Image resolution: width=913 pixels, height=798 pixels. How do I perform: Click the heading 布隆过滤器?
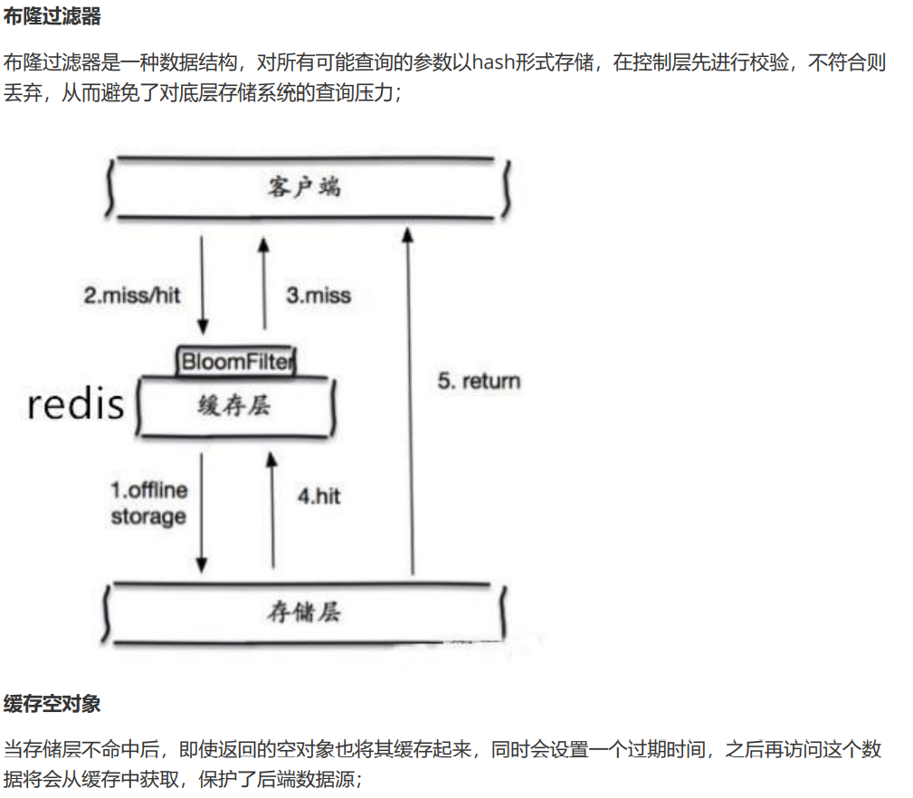(x=52, y=16)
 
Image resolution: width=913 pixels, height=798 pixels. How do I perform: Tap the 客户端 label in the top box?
(x=305, y=187)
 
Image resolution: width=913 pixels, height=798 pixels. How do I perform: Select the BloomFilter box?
(x=237, y=362)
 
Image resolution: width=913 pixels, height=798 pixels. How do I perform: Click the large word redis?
(x=76, y=404)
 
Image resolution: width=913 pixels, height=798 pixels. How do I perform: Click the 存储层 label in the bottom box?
(x=304, y=613)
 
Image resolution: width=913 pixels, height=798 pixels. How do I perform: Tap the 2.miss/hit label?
(x=133, y=295)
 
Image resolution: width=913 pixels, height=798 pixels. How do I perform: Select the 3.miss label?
(x=319, y=295)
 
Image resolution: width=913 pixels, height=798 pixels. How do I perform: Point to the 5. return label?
(x=480, y=381)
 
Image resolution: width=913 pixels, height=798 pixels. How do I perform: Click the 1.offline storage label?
(x=149, y=503)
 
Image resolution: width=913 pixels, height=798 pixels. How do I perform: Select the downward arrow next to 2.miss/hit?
(x=203, y=286)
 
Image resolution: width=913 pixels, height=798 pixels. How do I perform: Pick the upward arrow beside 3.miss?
(x=263, y=282)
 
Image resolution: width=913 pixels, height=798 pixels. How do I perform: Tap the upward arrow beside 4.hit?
(x=271, y=511)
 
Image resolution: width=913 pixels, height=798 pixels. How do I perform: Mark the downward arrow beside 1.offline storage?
(x=202, y=511)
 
